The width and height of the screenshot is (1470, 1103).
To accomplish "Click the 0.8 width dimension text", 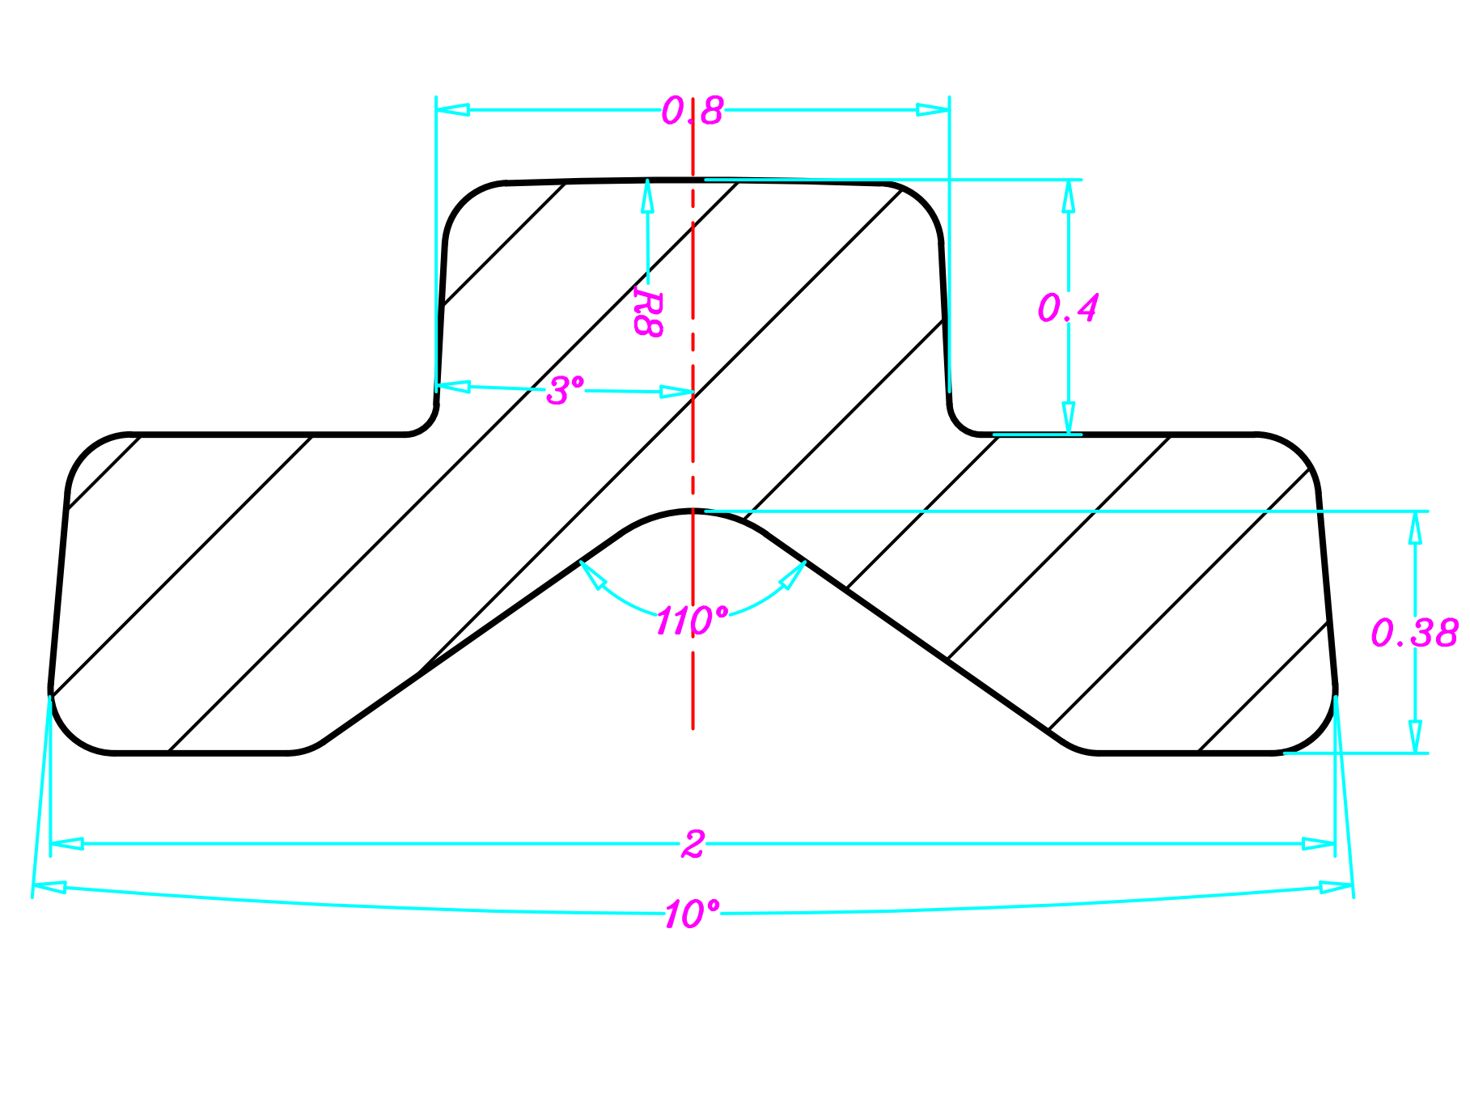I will [692, 111].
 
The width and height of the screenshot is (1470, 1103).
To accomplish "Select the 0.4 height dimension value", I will [1068, 308].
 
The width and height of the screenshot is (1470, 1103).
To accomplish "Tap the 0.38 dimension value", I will [1414, 633].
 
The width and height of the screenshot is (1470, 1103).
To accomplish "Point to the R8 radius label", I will [648, 314].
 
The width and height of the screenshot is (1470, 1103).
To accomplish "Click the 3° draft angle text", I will [564, 391].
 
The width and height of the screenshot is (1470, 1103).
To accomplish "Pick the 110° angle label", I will [692, 621].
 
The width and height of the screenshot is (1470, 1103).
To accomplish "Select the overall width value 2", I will [693, 844].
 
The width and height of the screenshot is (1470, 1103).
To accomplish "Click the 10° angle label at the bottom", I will [692, 914].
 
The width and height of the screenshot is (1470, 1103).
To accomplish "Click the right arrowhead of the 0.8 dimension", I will [934, 110].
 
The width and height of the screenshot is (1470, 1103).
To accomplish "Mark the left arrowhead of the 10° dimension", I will [49, 888].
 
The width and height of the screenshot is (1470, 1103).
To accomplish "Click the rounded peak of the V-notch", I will [693, 511].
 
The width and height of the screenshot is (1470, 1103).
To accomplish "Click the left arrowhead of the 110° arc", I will [591, 574].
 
